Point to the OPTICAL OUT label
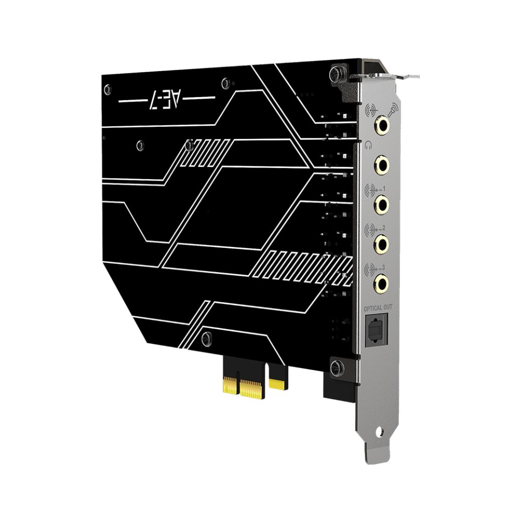(x=377, y=309)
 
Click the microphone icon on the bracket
(x=391, y=110)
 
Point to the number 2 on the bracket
(x=384, y=228)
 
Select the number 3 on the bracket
(x=384, y=268)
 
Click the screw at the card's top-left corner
(x=107, y=89)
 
